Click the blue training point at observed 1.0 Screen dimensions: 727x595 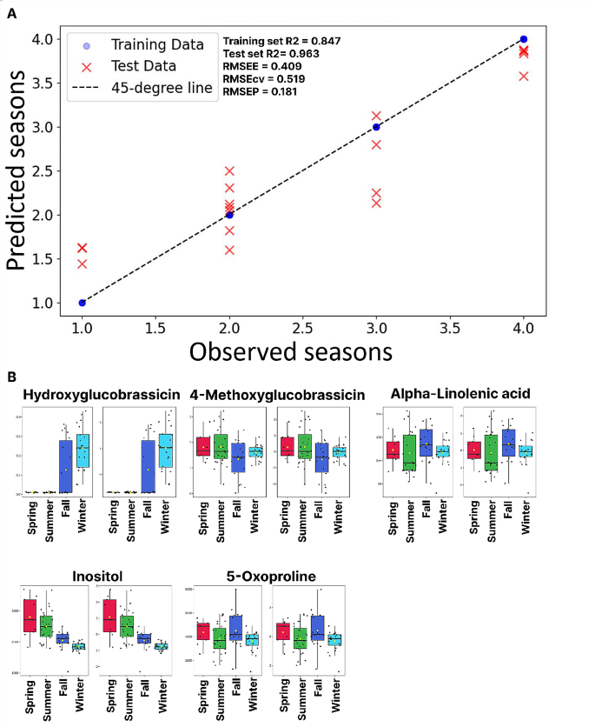pos(83,303)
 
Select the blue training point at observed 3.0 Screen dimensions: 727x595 pos(376,127)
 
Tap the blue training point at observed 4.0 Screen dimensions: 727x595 pos(523,39)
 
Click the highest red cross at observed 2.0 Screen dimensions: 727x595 pos(229,171)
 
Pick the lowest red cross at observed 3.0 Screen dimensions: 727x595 pos(376,203)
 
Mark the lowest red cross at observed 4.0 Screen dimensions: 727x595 pos(523,77)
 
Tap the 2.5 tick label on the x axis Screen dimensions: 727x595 pos(302,330)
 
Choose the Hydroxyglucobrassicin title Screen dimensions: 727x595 pos(102,395)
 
